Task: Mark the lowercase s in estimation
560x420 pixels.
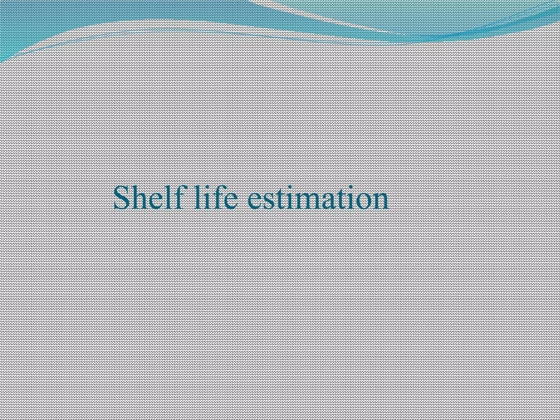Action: (270, 201)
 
